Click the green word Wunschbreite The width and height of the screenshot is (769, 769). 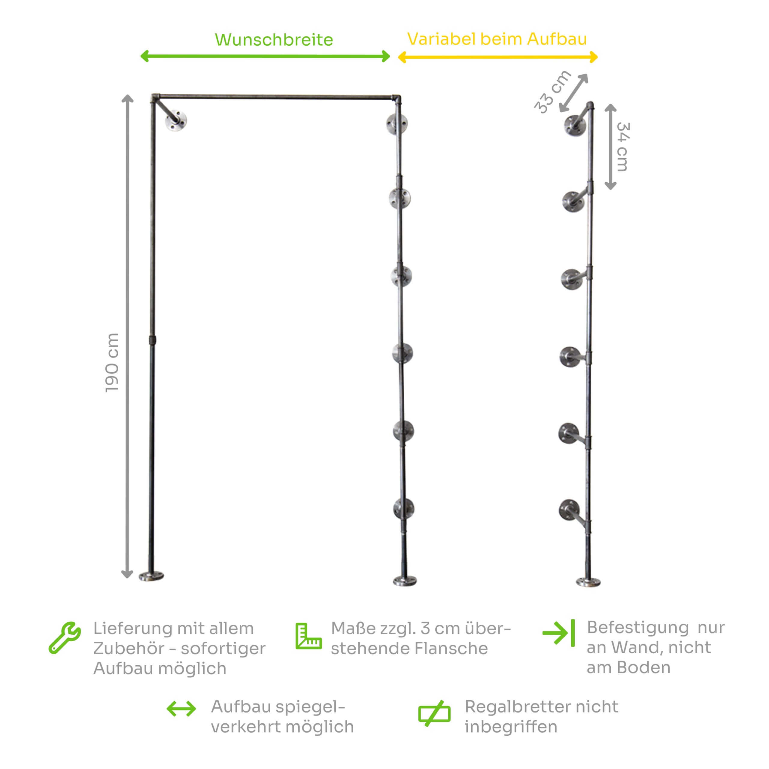coord(274,40)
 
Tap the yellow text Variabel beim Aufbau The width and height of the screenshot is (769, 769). coord(497,39)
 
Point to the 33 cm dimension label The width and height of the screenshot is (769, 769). coord(552,92)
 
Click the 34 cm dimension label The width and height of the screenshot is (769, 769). coord(622,147)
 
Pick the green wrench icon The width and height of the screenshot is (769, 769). coord(65,638)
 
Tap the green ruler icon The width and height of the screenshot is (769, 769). coord(309,636)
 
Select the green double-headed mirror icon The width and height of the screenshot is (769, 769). coord(181,709)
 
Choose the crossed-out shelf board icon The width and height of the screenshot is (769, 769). coord(434,713)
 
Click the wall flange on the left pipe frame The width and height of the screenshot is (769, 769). coord(176,120)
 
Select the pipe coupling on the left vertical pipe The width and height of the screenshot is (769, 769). coord(152,340)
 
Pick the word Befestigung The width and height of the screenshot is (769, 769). coord(638,628)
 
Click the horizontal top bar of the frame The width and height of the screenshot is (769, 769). coord(276,97)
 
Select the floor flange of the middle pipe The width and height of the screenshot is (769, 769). coord(405,581)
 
